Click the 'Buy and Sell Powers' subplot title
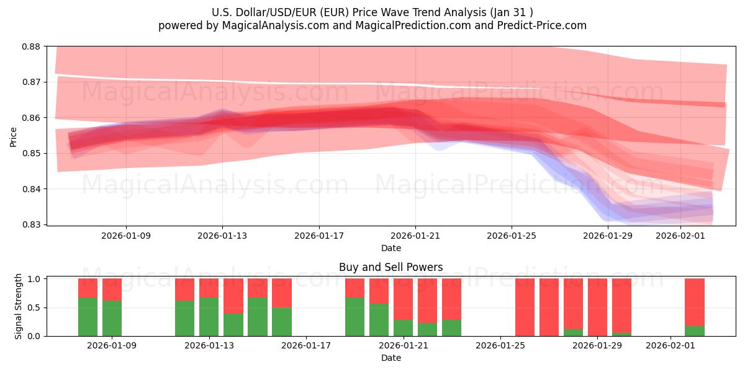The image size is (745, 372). point(391,267)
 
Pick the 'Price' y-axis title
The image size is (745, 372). point(14,136)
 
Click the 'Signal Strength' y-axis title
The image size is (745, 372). point(19,306)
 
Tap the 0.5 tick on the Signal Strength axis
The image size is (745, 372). point(35,308)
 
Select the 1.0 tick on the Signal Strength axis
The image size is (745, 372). point(35,279)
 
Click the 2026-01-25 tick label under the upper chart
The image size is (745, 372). point(512,236)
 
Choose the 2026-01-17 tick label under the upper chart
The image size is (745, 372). point(319,236)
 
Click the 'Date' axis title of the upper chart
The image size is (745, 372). point(391,248)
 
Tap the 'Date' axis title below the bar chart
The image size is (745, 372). point(391,358)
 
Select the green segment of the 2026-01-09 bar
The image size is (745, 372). point(112,319)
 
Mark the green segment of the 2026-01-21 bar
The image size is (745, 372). point(403,328)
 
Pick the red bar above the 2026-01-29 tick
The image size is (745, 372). point(597,306)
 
